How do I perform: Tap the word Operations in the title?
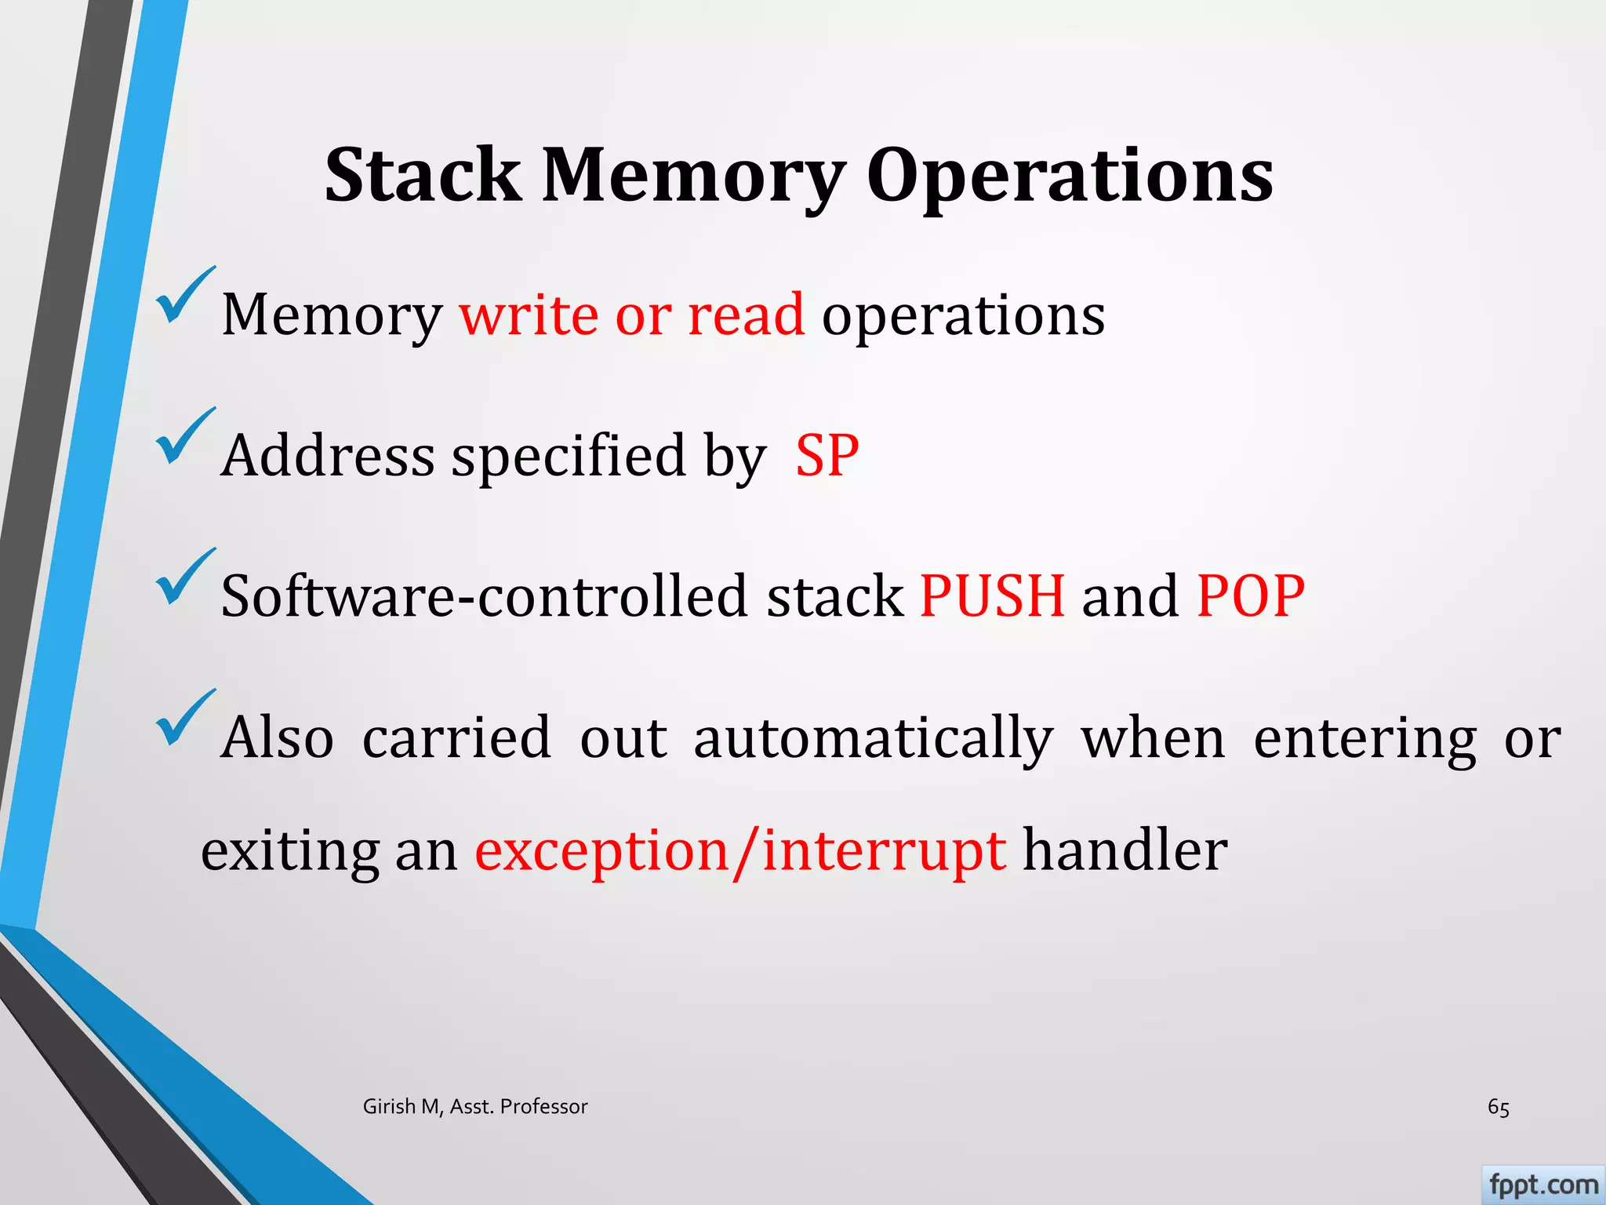(1070, 177)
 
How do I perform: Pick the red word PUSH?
(992, 595)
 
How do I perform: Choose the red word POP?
(1251, 595)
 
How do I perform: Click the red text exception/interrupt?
(740, 850)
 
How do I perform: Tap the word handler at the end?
(1125, 850)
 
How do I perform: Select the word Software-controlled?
(484, 595)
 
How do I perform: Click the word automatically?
(873, 738)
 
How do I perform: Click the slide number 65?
(1498, 1107)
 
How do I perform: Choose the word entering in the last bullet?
(1364, 738)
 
